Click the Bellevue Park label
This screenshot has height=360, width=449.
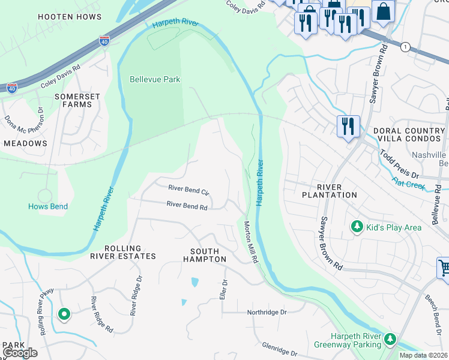click(155, 79)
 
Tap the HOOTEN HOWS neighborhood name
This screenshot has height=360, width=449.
click(70, 17)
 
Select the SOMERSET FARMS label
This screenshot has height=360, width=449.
click(73, 100)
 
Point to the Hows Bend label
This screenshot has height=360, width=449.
click(48, 206)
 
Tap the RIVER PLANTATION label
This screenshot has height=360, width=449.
click(329, 191)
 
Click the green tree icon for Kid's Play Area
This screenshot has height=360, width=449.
click(357, 226)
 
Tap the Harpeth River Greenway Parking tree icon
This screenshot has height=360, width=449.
click(391, 340)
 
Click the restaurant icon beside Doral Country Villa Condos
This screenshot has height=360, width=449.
click(348, 127)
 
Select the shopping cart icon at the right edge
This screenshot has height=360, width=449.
click(444, 268)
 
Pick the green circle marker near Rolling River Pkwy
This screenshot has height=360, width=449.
click(64, 314)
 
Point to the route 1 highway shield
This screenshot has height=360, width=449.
click(406, 47)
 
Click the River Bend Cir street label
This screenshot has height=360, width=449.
click(188, 191)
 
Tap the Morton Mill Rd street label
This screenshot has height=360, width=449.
click(250, 242)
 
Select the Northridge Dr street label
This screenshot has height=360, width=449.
click(267, 313)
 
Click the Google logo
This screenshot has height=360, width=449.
click(20, 352)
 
